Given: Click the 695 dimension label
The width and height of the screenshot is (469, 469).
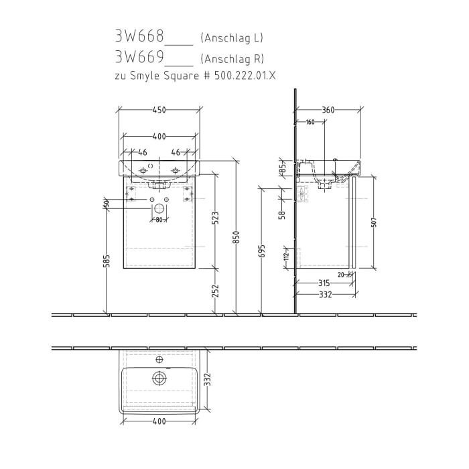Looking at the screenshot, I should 261,250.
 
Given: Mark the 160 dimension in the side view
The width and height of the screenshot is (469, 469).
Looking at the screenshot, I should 310,122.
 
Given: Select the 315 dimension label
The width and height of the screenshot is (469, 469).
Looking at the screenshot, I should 324,283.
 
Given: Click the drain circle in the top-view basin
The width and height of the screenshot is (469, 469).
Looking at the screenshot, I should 159,379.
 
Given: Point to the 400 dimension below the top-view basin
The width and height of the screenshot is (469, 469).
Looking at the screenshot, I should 159,421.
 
